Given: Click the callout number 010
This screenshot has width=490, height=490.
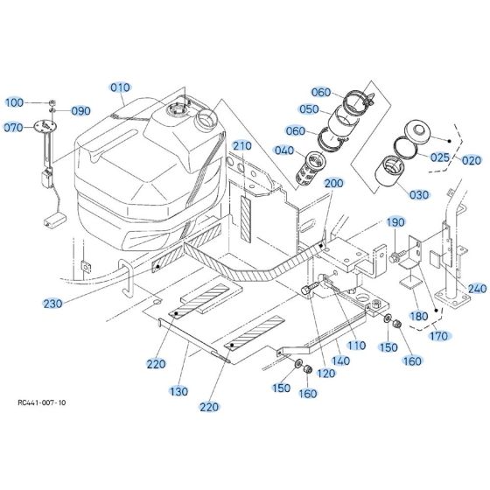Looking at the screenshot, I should [119, 87].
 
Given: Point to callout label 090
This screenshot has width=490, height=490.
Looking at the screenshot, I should [80, 111].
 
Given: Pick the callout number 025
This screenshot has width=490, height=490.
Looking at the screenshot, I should [439, 157].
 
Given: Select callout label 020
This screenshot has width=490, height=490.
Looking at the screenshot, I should [471, 160].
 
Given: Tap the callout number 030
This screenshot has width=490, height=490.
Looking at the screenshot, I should [418, 193].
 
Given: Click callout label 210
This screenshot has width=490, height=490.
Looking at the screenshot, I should [241, 144].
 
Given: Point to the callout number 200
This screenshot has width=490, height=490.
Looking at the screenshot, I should [333, 184].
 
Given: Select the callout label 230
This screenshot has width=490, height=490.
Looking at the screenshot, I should [52, 304].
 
